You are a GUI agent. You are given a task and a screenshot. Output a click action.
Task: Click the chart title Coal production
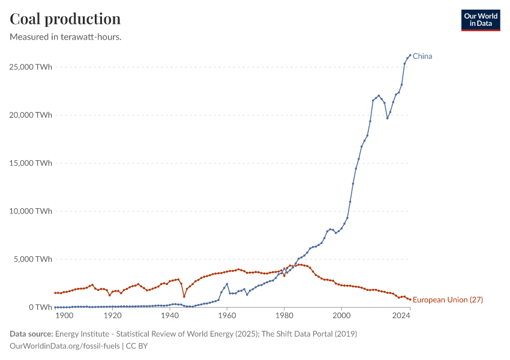(x=65, y=19)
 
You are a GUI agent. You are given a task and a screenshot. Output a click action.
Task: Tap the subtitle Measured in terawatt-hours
(x=66, y=37)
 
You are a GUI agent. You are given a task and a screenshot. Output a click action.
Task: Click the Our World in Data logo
(x=480, y=20)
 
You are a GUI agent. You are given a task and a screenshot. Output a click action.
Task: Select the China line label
(x=422, y=56)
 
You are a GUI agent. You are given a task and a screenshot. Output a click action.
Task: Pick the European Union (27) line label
(x=448, y=299)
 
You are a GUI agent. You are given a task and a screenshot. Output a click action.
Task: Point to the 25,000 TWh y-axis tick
(x=30, y=67)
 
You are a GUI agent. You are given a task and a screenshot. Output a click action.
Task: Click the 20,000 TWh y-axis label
(x=30, y=115)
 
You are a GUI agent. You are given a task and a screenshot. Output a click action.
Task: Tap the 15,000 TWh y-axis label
(x=30, y=163)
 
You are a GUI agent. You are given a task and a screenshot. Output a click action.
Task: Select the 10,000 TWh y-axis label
(x=30, y=211)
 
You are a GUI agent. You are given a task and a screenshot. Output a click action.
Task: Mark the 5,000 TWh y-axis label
(x=32, y=259)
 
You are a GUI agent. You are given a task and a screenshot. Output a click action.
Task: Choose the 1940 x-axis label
(x=169, y=316)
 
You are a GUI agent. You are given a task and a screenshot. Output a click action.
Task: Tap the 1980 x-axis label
(x=284, y=316)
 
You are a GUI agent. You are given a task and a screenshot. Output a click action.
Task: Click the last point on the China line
(x=410, y=55)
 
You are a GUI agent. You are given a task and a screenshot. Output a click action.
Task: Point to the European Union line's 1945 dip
(x=184, y=296)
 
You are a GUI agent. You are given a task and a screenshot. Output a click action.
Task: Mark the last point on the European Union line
(x=410, y=299)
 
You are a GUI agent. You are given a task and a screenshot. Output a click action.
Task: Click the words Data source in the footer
(x=30, y=334)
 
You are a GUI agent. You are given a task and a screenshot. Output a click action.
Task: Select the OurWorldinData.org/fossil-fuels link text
(x=65, y=346)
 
